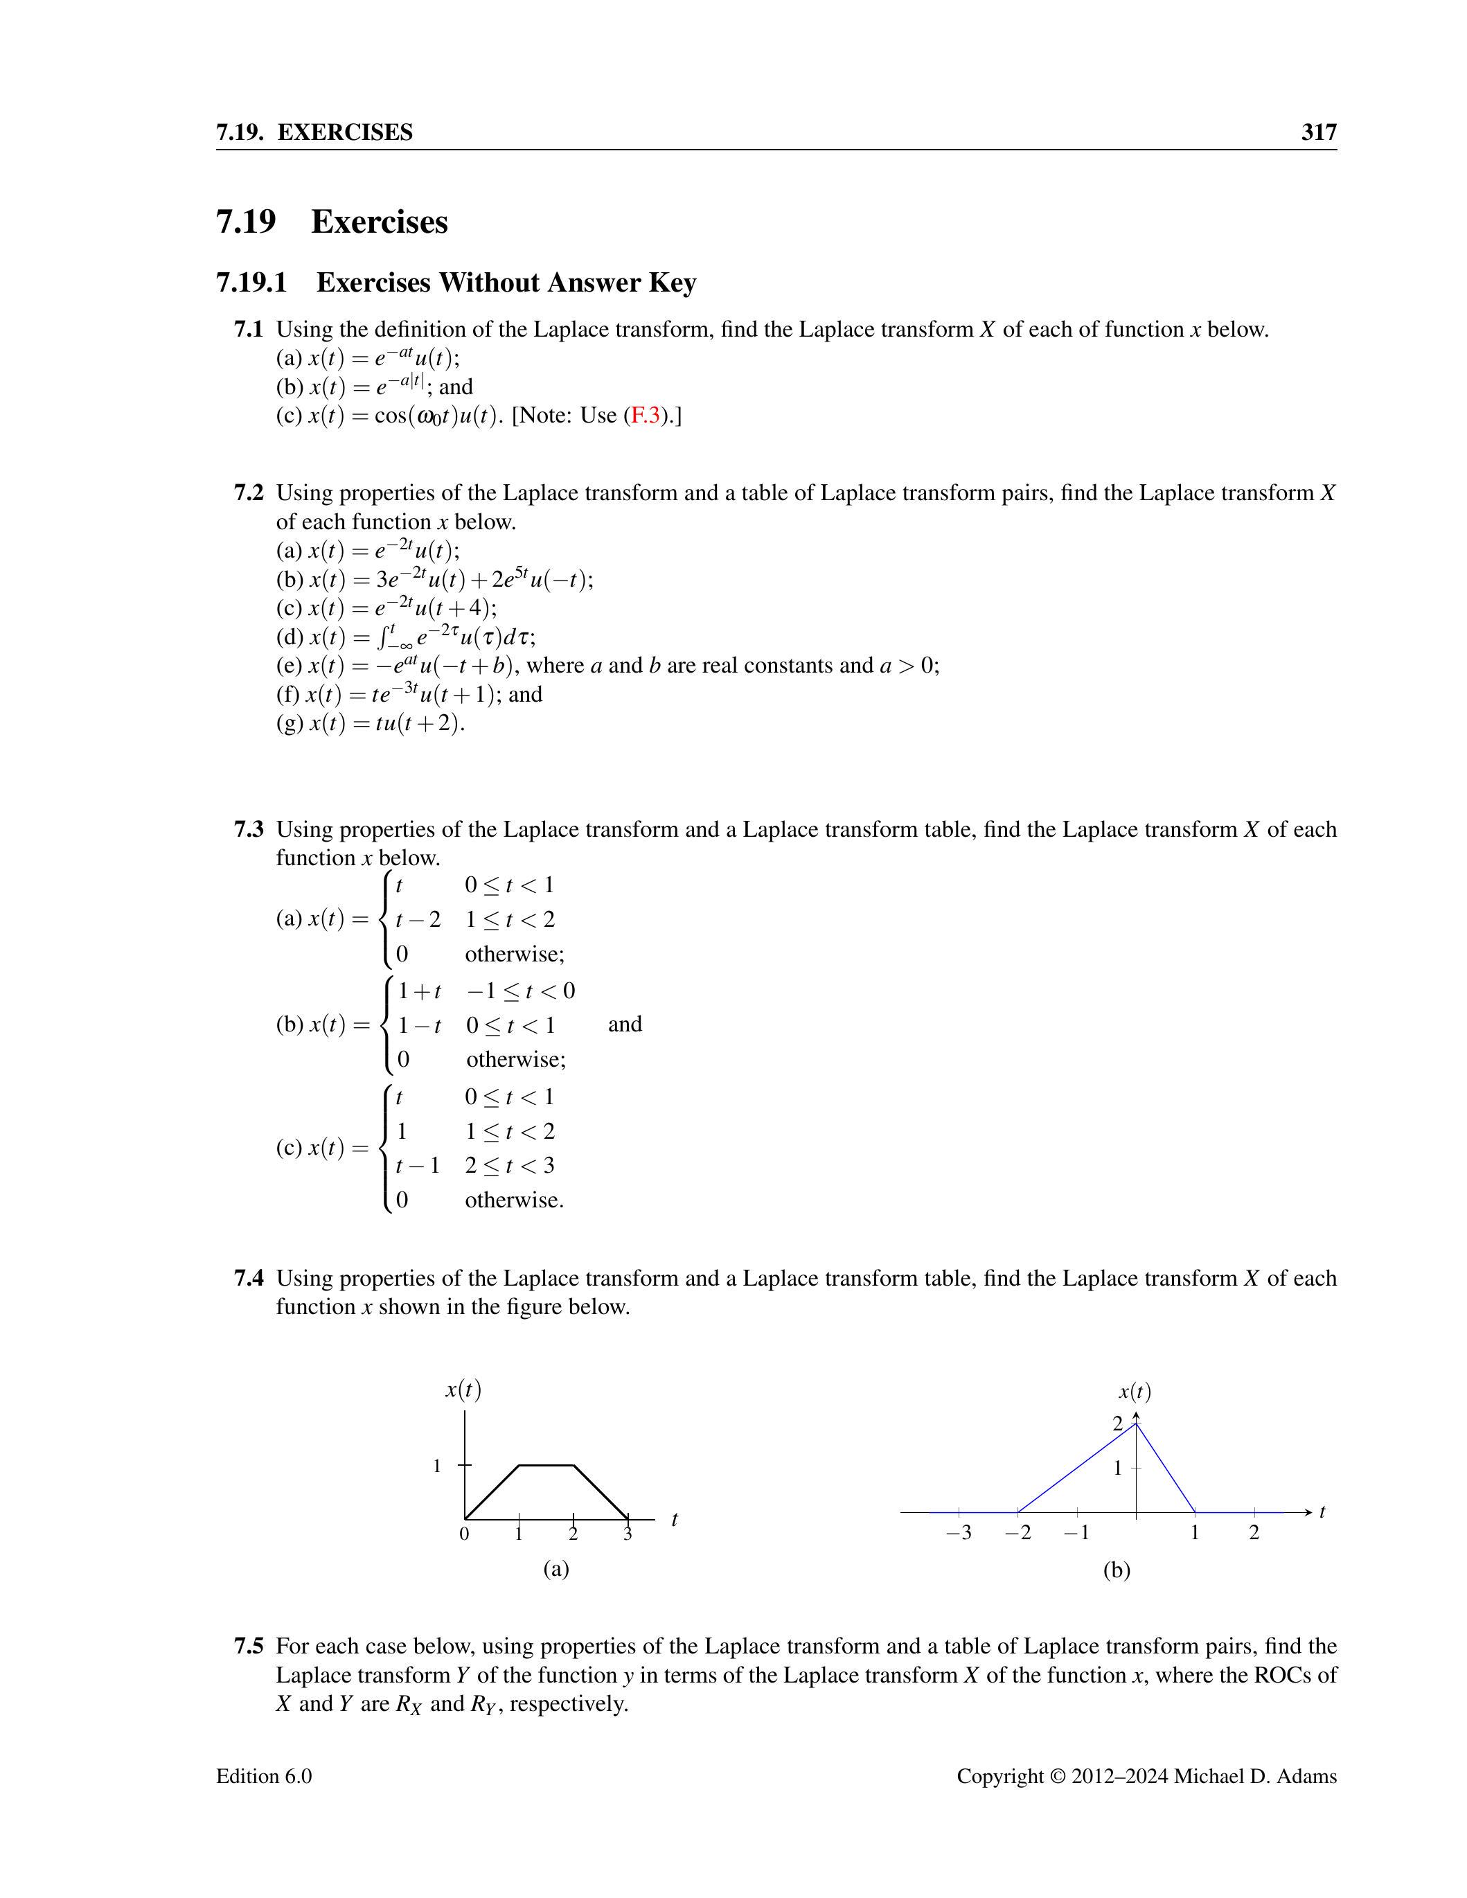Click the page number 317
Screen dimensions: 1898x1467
pyautogui.click(x=1318, y=132)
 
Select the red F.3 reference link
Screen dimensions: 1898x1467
pyautogui.click(x=644, y=416)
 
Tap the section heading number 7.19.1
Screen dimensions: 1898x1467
pyautogui.click(x=251, y=283)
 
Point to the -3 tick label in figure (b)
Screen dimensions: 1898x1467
pyautogui.click(x=958, y=1533)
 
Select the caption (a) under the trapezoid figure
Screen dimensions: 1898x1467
pyautogui.click(x=555, y=1569)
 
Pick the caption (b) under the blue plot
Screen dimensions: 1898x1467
pyautogui.click(x=1116, y=1570)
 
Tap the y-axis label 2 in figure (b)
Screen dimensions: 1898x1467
pyautogui.click(x=1119, y=1423)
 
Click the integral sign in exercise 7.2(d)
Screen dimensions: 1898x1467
pyautogui.click(x=385, y=638)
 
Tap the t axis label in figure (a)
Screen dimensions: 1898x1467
pyautogui.click(x=675, y=1519)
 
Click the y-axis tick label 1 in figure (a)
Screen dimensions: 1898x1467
pyautogui.click(x=437, y=1466)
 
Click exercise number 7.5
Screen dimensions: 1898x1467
pyautogui.click(x=249, y=1647)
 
